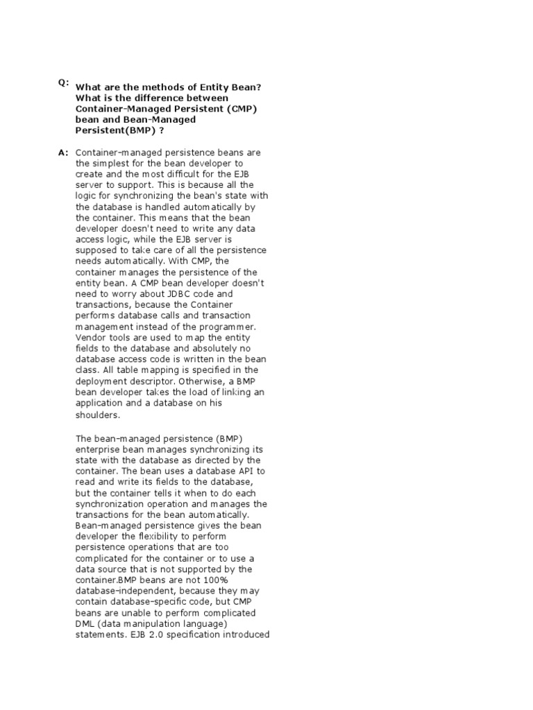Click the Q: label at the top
coord(64,83)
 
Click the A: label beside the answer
coord(64,152)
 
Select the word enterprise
coord(97,449)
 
